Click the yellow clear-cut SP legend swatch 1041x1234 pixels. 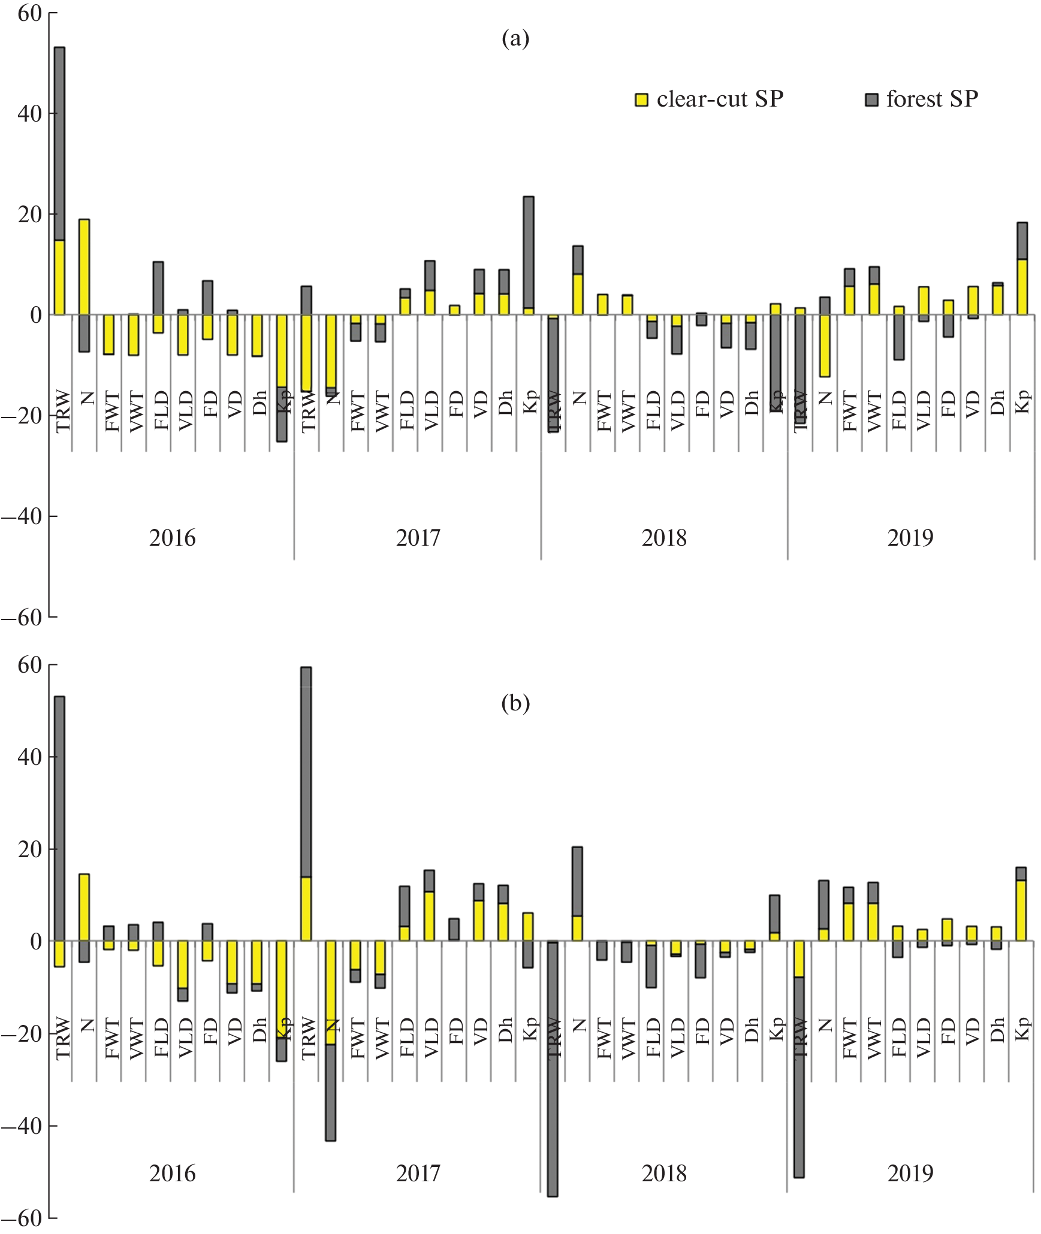pyautogui.click(x=641, y=100)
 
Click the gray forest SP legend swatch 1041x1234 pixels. pyautogui.click(x=871, y=100)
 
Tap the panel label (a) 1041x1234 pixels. pyautogui.click(x=515, y=38)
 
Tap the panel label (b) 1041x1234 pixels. pyautogui.click(x=515, y=703)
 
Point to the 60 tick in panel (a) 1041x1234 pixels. pyautogui.click(x=29, y=13)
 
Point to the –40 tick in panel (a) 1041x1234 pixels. pyautogui.click(x=22, y=516)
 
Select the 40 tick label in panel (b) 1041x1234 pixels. pyautogui.click(x=29, y=757)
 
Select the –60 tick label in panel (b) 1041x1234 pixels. pyautogui.click(x=22, y=1218)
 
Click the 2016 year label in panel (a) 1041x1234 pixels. pyautogui.click(x=172, y=538)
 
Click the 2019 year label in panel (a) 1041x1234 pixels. pyautogui.click(x=910, y=538)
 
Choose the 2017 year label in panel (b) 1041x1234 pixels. pyautogui.click(x=418, y=1173)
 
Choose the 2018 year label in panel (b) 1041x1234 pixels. pyautogui.click(x=664, y=1173)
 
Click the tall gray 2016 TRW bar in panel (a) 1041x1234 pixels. pyautogui.click(x=60, y=144)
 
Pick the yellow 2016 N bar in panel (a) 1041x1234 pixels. pyautogui.click(x=85, y=267)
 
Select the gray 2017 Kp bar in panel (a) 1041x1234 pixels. pyautogui.click(x=529, y=252)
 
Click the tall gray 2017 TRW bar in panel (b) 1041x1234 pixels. pyautogui.click(x=306, y=773)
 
